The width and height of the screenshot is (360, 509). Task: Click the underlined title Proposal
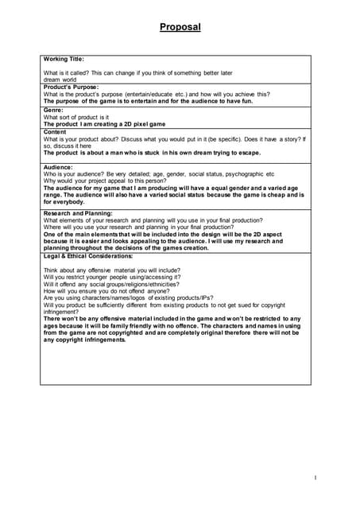[180, 27]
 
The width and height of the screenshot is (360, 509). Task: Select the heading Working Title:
[64, 59]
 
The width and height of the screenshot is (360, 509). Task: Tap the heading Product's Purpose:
[71, 87]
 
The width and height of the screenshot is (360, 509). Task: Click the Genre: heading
[54, 110]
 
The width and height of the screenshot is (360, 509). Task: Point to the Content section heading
[56, 132]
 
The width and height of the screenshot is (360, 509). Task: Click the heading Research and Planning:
[78, 213]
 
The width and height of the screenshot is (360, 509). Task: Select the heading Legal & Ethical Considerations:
[88, 256]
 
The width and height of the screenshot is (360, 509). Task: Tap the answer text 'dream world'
[60, 80]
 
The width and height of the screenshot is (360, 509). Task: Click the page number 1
[315, 477]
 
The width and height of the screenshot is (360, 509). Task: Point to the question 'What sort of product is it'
[76, 118]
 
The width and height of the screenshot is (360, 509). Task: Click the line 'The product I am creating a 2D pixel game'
[104, 125]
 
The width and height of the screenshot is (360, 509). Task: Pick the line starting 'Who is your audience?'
[159, 174]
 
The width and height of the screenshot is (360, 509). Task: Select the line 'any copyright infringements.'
[85, 340]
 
